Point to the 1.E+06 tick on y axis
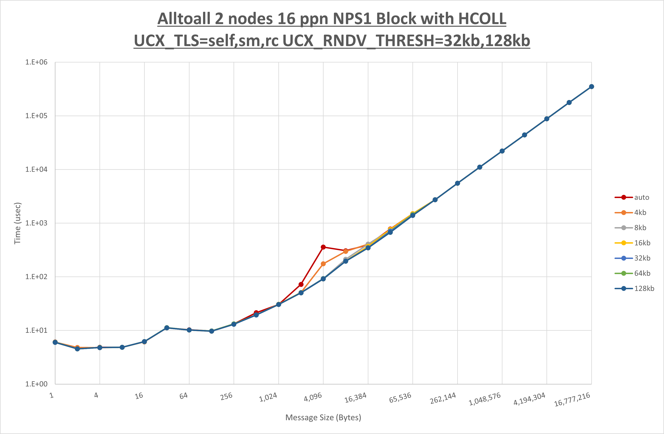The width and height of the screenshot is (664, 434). pyautogui.click(x=36, y=62)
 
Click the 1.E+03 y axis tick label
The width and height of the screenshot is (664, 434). pyautogui.click(x=36, y=223)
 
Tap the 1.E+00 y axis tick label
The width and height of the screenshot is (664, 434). pyautogui.click(x=36, y=384)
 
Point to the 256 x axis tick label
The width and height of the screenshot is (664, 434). pyautogui.click(x=226, y=396)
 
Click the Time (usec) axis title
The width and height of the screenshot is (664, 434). pyautogui.click(x=17, y=223)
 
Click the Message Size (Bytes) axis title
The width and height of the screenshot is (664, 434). pyautogui.click(x=323, y=417)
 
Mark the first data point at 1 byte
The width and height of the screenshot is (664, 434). pyautogui.click(x=55, y=342)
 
